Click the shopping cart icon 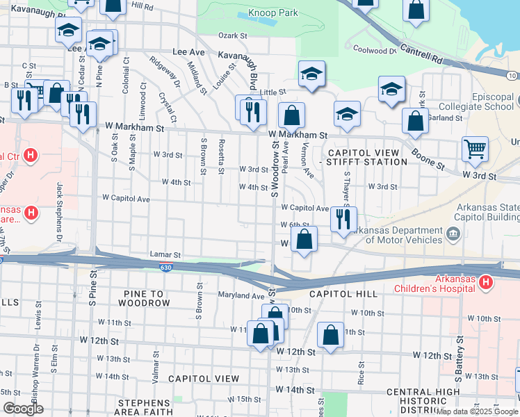pos(475,149)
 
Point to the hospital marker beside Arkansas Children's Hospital pos(486,283)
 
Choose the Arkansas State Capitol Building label pos(487,212)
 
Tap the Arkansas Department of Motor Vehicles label pos(396,235)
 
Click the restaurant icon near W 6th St pos(343,219)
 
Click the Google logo pos(23,409)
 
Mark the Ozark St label pos(233,35)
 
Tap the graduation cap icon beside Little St pos(312,73)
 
